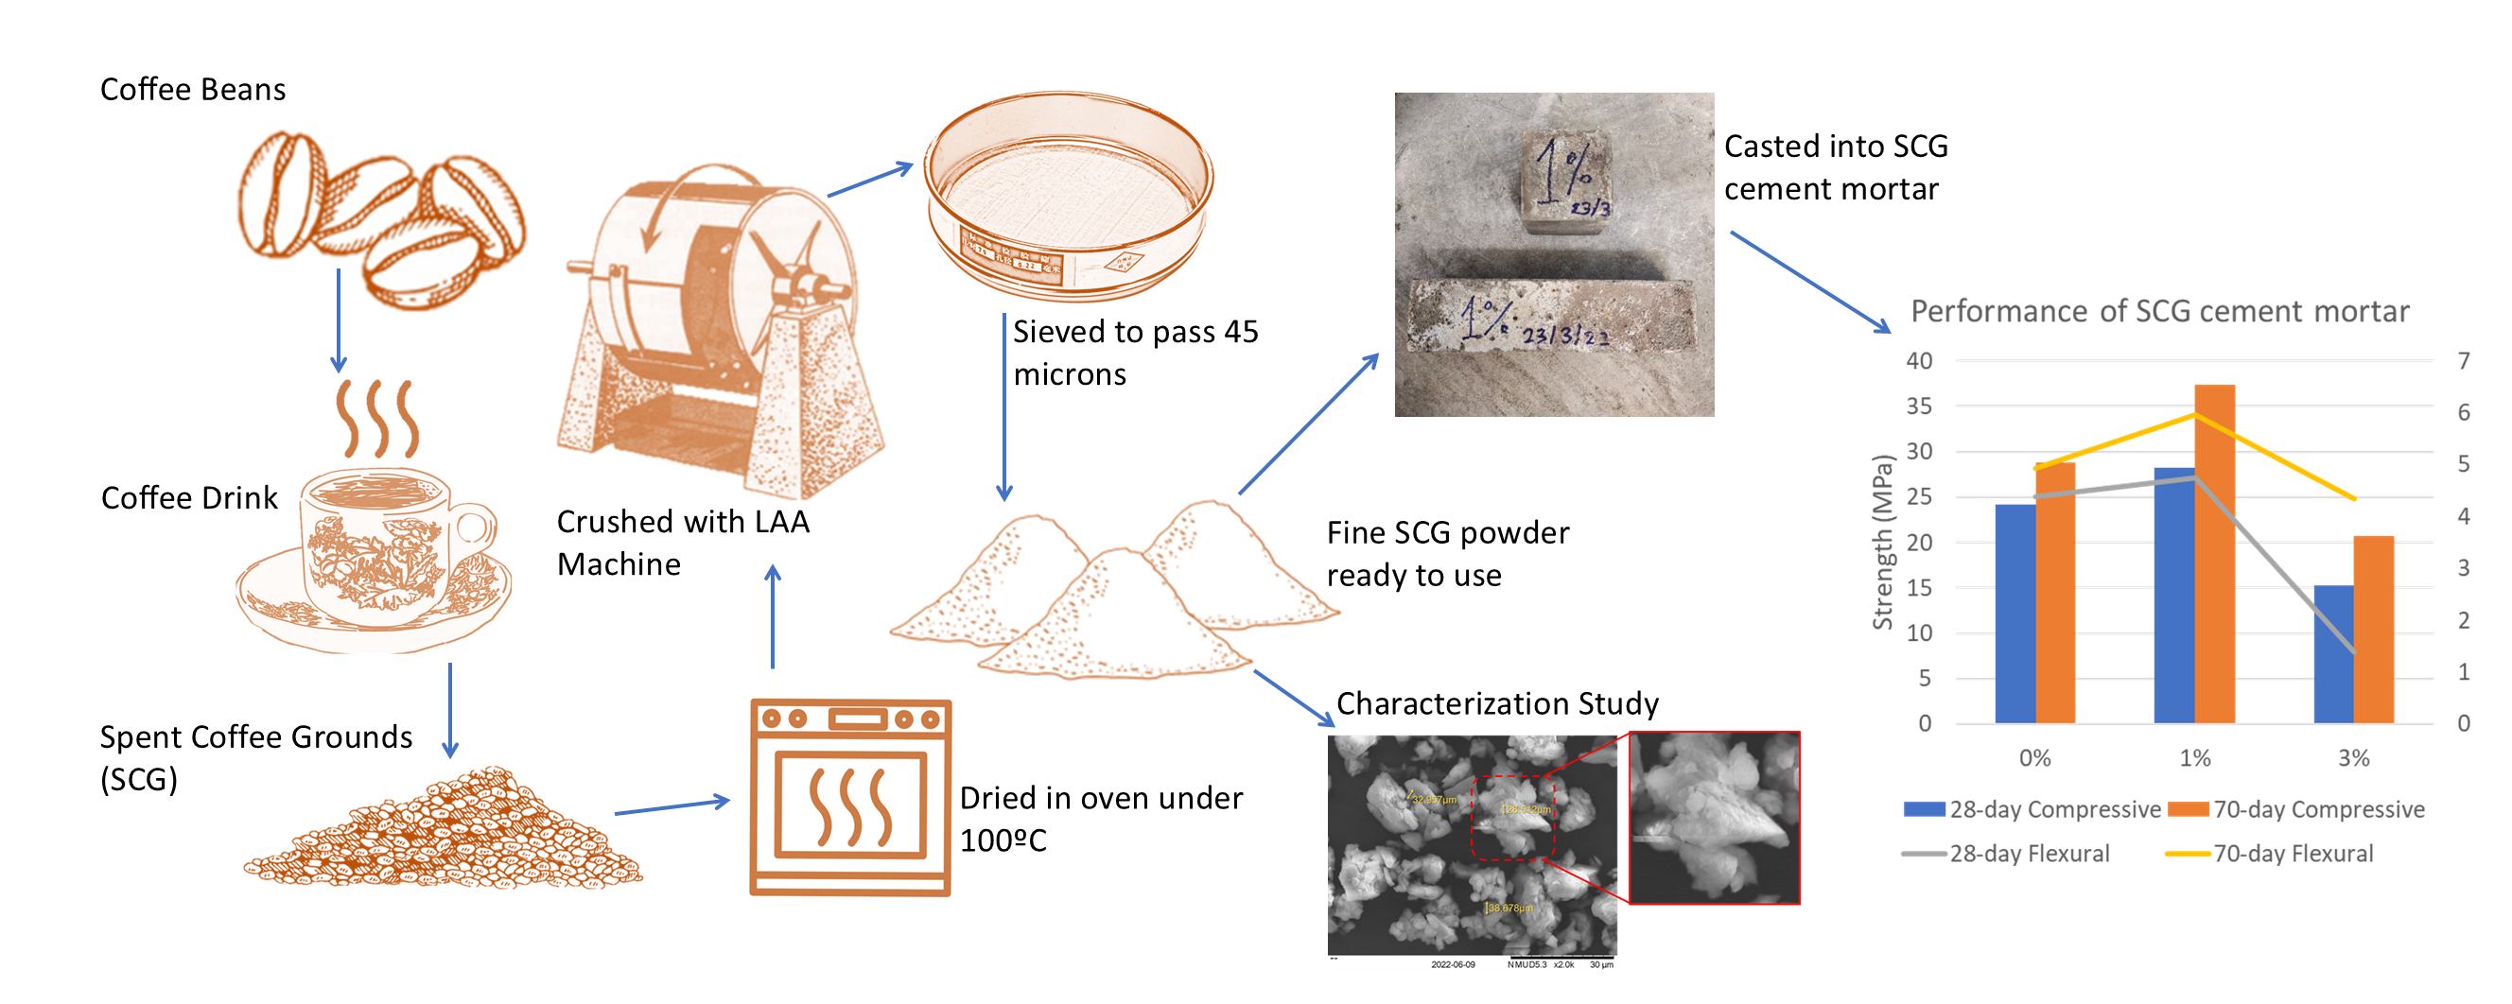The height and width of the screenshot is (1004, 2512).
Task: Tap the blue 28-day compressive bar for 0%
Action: click(x=2015, y=614)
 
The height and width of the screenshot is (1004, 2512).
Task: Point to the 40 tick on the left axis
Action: click(x=1918, y=360)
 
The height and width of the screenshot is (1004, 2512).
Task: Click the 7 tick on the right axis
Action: click(x=2463, y=360)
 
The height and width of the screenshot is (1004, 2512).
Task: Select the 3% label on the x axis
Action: click(x=2353, y=757)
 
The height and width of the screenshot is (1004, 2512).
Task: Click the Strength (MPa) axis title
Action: click(x=1882, y=542)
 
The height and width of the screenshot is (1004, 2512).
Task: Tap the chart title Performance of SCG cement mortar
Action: click(x=2159, y=311)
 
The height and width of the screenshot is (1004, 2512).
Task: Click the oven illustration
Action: click(x=849, y=796)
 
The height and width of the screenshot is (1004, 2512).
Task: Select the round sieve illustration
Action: click(x=1069, y=195)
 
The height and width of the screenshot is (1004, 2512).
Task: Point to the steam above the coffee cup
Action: click(x=377, y=419)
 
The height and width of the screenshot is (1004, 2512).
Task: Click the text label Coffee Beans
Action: click(x=193, y=90)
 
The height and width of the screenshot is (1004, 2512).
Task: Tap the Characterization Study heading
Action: click(x=1497, y=702)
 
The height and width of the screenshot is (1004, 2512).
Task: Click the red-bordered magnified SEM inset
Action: click(x=1714, y=818)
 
